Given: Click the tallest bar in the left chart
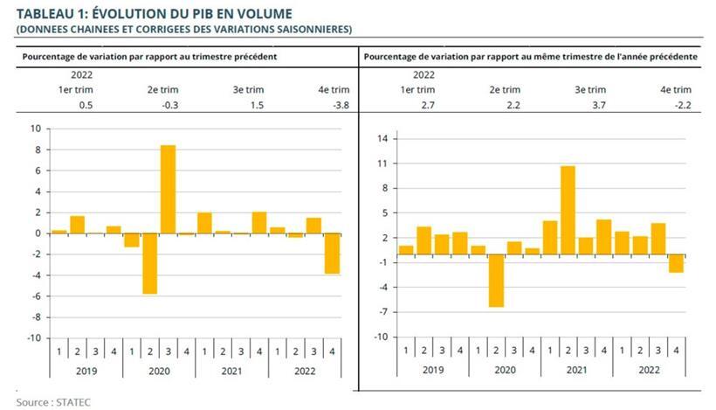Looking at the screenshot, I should [x=168, y=189].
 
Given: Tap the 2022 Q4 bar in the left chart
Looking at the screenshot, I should [x=333, y=254].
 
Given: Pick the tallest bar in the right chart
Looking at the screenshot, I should [x=567, y=211].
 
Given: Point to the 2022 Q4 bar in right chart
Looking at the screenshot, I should [x=675, y=264].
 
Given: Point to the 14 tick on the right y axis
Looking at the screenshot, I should [x=382, y=139].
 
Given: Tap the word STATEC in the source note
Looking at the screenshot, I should [x=73, y=402].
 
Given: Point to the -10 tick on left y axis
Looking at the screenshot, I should [x=33, y=337].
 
